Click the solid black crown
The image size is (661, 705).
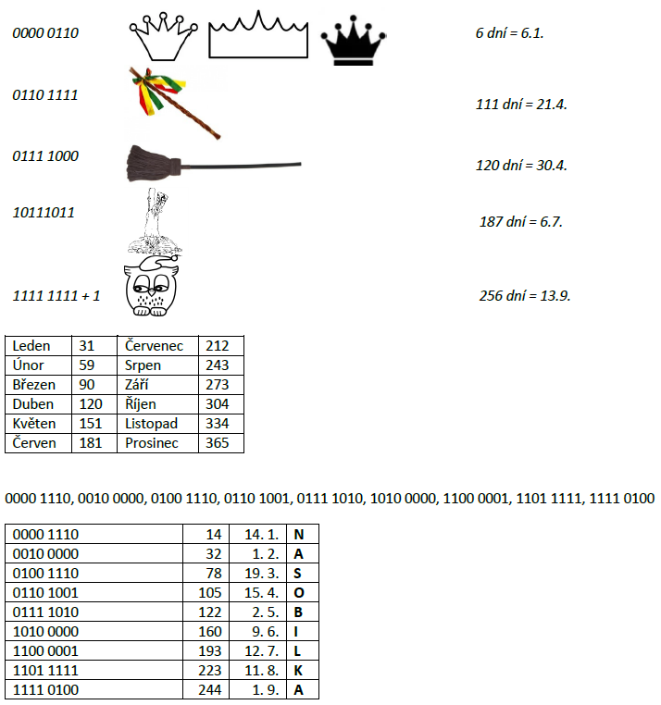pos(354,43)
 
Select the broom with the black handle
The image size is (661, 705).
pos(212,165)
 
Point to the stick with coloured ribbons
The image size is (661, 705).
pos(173,101)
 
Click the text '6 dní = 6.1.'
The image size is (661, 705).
pos(509,32)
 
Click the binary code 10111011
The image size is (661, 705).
pos(44,212)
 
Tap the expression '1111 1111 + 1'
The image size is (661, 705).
pos(56,296)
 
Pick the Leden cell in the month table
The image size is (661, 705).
pos(32,346)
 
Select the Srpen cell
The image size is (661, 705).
pos(143,365)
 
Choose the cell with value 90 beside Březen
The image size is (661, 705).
pos(88,385)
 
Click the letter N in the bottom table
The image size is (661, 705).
pos(298,534)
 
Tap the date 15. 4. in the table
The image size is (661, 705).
pos(261,592)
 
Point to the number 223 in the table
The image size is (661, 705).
pos(211,670)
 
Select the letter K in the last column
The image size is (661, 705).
pos(298,670)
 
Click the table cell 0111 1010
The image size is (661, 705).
pos(46,612)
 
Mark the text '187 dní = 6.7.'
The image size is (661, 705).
pos(521,222)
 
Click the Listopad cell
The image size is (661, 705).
pos(152,424)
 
